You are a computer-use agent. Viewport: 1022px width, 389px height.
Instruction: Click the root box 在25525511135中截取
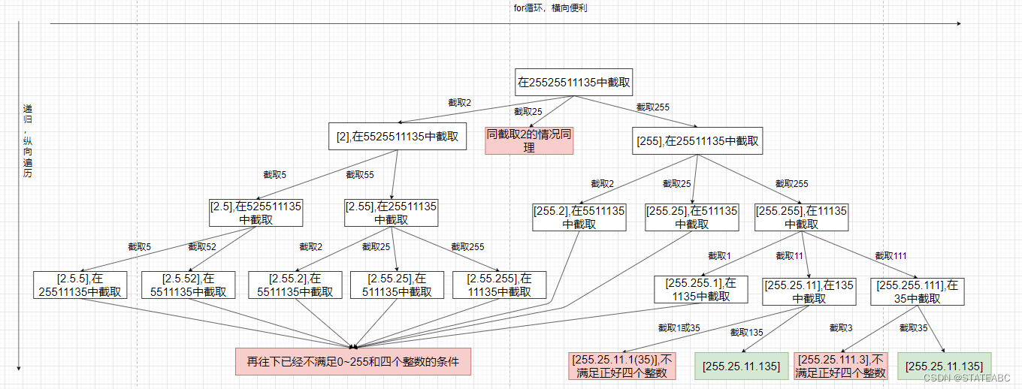573,82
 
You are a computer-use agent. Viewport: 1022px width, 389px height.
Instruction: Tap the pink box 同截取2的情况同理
529,140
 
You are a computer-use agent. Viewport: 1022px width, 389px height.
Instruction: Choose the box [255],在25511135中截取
697,140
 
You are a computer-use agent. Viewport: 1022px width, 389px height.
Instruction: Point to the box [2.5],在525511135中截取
255,212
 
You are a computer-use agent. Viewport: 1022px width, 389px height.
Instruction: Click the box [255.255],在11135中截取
801,217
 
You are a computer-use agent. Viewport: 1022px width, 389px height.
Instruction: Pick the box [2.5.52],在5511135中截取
189,285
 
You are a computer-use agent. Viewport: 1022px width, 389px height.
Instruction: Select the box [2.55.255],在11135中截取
499,285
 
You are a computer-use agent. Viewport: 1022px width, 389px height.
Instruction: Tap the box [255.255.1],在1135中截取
700,289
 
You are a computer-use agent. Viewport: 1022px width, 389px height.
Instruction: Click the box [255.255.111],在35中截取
918,291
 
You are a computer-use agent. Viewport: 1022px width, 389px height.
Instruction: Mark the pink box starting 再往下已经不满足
352,361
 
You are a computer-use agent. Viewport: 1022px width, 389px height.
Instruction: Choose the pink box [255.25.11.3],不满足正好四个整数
841,366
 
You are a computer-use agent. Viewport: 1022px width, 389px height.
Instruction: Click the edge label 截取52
201,246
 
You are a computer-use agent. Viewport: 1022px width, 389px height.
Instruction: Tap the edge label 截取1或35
679,327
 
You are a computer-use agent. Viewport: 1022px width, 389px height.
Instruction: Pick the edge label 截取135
746,331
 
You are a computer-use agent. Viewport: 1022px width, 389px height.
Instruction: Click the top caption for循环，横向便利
544,8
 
